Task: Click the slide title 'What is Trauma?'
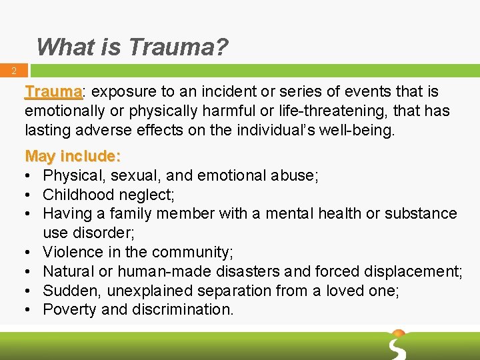132,47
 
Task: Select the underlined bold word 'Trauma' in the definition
53,91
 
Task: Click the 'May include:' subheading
73,157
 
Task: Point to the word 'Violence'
72,252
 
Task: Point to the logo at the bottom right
398,343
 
